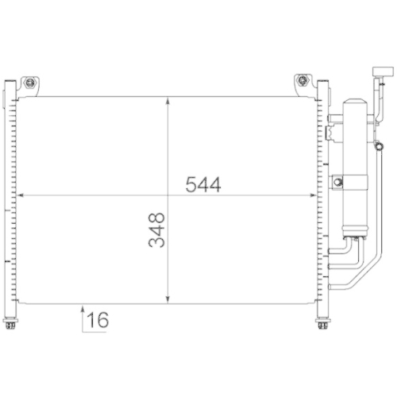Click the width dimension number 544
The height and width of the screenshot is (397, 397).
[x=202, y=184]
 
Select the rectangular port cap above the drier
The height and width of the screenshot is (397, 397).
[x=380, y=73]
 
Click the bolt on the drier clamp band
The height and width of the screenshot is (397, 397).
[x=340, y=183]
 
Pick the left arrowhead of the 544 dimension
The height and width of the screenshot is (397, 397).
[x=21, y=195]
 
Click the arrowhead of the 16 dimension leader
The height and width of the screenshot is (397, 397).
[x=82, y=307]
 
